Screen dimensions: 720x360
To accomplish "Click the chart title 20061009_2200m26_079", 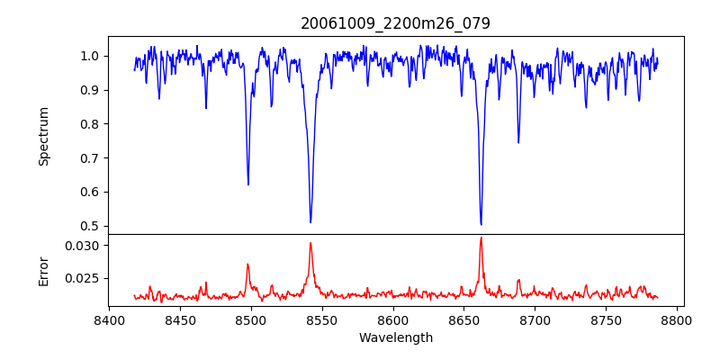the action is pyautogui.click(x=395, y=23).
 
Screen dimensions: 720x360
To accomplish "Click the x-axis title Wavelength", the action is pyautogui.click(x=396, y=338).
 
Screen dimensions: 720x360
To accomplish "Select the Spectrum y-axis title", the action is pyautogui.click(x=43, y=137).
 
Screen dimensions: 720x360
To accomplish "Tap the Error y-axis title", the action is pyautogui.click(x=43, y=272).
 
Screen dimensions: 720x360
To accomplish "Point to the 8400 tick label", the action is pyautogui.click(x=109, y=320).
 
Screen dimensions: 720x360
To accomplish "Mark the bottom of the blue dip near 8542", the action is pyautogui.click(x=310, y=222).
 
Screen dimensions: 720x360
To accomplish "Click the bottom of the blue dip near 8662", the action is pyautogui.click(x=481, y=224).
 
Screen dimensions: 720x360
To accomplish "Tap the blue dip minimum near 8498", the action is pyautogui.click(x=248, y=184).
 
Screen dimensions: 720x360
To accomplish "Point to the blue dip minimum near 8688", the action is pyautogui.click(x=518, y=143).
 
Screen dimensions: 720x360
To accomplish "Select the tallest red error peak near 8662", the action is pyautogui.click(x=481, y=238).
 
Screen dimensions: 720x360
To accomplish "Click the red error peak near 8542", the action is pyautogui.click(x=310, y=243).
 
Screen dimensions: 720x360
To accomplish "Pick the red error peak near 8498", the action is pyautogui.click(x=248, y=264).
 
